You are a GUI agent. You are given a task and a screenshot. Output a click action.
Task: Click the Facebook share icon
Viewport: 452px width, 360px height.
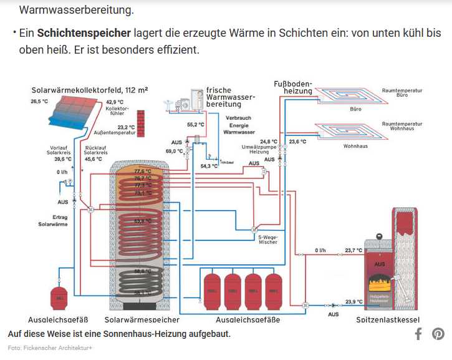pos(418,334)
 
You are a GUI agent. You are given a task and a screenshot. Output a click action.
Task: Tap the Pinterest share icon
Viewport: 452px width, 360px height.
pos(438,334)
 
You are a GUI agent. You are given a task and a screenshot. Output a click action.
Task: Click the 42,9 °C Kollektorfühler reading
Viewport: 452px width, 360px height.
pos(115,102)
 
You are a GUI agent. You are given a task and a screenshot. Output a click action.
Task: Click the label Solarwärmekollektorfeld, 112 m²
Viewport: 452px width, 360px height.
pos(90,90)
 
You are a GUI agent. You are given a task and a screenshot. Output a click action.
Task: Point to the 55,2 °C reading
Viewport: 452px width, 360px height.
pos(196,125)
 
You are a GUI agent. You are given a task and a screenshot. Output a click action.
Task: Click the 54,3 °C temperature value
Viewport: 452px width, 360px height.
pos(209,166)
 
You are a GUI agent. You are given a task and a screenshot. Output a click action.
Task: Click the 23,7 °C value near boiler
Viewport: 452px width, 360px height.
pos(353,250)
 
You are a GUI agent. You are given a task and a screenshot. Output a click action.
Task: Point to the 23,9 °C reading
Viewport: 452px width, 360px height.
pos(353,302)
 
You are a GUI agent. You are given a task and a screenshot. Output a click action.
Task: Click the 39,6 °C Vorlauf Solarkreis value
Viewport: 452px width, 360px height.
pos(63,159)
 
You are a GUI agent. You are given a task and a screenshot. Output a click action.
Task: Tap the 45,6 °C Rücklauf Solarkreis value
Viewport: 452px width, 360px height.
pos(93,159)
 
